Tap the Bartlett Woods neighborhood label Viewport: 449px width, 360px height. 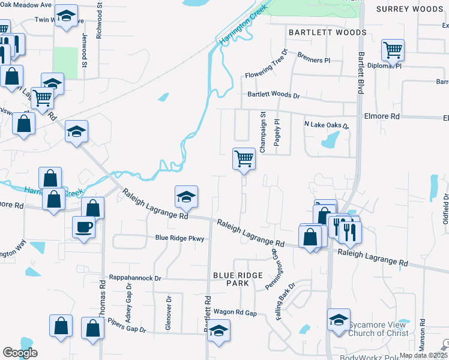[327, 32]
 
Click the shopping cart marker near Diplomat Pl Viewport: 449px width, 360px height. [393, 50]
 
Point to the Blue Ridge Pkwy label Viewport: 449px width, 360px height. [180, 239]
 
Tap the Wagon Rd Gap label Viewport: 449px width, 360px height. [235, 313]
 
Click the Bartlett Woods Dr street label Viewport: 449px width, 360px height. [274, 95]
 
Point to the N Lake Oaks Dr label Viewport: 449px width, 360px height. [327, 125]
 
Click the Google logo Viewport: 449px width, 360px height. [20, 353]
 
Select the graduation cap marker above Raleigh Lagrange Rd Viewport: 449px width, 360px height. [186, 196]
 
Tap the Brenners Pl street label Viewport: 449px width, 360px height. [315, 61]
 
